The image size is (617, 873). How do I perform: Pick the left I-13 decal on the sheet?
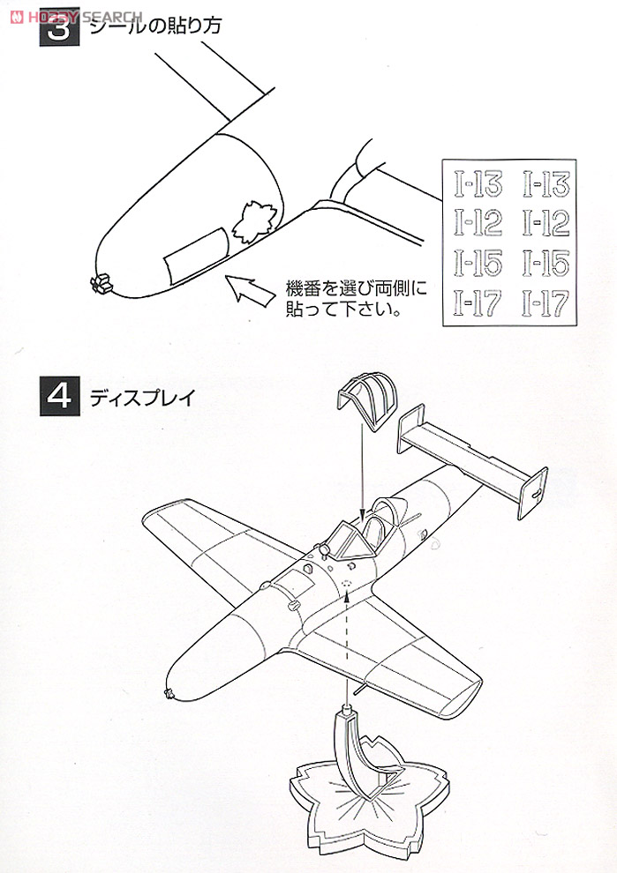tap(478, 185)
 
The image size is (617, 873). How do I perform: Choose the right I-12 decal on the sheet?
tap(546, 224)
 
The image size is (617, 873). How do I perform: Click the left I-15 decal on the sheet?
tap(478, 263)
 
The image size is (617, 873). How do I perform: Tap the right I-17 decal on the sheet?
tap(546, 302)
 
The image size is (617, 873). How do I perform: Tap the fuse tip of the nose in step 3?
tap(100, 281)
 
